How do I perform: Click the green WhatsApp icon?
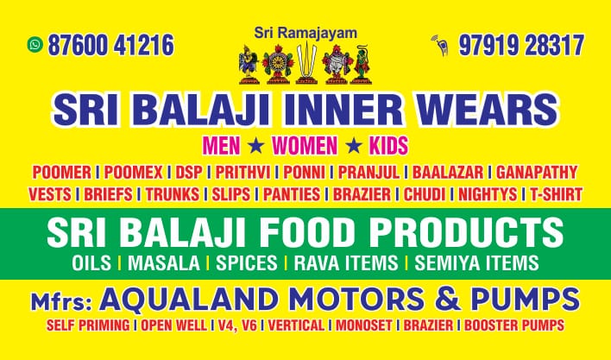(x=35, y=44)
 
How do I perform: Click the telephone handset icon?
(x=440, y=44)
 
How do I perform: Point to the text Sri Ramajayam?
(x=305, y=32)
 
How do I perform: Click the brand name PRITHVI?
(x=242, y=172)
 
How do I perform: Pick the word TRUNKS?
(x=173, y=194)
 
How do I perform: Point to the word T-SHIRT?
(x=556, y=194)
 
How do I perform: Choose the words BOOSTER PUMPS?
(x=514, y=325)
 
